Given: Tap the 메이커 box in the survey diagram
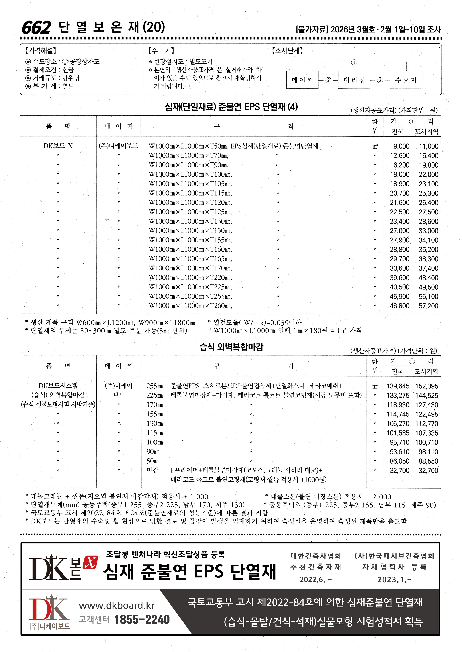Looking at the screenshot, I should (302, 80).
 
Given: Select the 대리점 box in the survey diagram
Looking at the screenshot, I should (354, 80).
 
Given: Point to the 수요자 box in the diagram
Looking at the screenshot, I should (406, 80).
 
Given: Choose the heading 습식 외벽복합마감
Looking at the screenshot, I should (231, 347).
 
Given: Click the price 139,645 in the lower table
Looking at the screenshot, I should (398, 386).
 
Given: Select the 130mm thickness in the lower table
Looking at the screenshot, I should (155, 424).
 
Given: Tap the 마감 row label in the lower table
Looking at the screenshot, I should (152, 470).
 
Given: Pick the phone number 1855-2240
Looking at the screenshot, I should (142, 620).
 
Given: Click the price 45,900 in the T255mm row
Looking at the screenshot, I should (399, 297).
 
